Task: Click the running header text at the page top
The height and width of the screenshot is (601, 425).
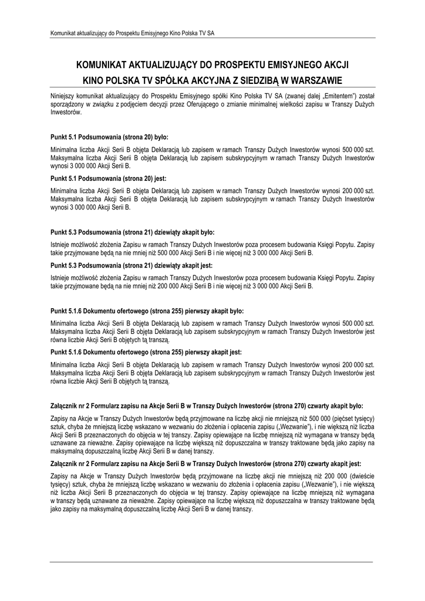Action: tap(131, 33)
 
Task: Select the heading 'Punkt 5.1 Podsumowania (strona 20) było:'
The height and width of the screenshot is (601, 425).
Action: tap(110, 136)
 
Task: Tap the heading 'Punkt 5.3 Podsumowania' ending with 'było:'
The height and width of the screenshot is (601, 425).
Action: tap(133, 232)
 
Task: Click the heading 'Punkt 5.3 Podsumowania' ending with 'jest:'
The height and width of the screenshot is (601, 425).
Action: tap(132, 265)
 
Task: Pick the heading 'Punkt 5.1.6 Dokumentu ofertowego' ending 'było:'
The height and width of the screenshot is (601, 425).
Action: tap(147, 310)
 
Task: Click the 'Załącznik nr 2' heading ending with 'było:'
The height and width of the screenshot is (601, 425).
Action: tap(207, 405)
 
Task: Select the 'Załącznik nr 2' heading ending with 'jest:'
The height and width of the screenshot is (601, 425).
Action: tap(207, 462)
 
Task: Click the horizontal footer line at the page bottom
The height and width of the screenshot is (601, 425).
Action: tap(212, 562)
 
